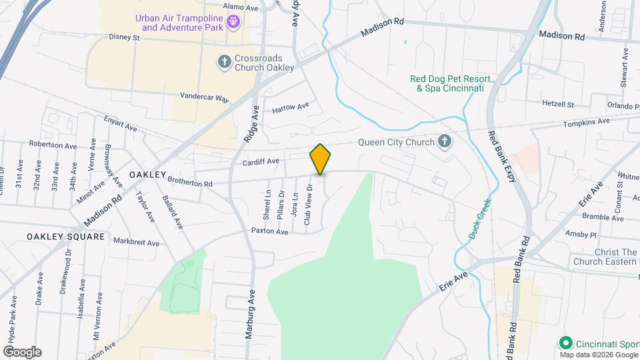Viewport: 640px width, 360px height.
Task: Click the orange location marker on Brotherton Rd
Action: (x=320, y=159)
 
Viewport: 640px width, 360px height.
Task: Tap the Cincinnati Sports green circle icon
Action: (x=566, y=343)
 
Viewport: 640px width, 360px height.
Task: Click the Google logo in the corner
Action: (x=22, y=352)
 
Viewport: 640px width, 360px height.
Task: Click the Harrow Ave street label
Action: (x=291, y=106)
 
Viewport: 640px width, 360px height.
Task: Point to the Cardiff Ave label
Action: (x=261, y=161)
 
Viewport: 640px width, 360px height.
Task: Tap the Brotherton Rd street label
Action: (x=189, y=181)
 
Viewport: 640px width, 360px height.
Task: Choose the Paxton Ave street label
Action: (x=269, y=231)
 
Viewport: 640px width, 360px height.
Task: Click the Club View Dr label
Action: (x=308, y=204)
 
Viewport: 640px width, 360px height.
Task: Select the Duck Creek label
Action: (x=479, y=218)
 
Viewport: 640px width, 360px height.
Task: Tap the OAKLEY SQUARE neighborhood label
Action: (x=65, y=237)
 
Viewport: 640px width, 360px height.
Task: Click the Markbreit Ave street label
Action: (x=136, y=241)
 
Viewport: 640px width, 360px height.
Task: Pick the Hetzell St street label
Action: (x=558, y=105)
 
